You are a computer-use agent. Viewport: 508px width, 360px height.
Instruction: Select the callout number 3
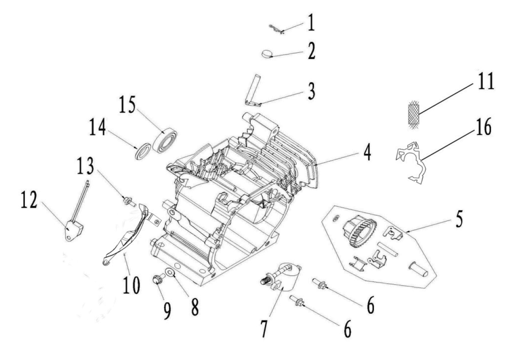pos(312,92)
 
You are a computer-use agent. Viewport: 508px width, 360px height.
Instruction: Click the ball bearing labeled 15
pos(165,140)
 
